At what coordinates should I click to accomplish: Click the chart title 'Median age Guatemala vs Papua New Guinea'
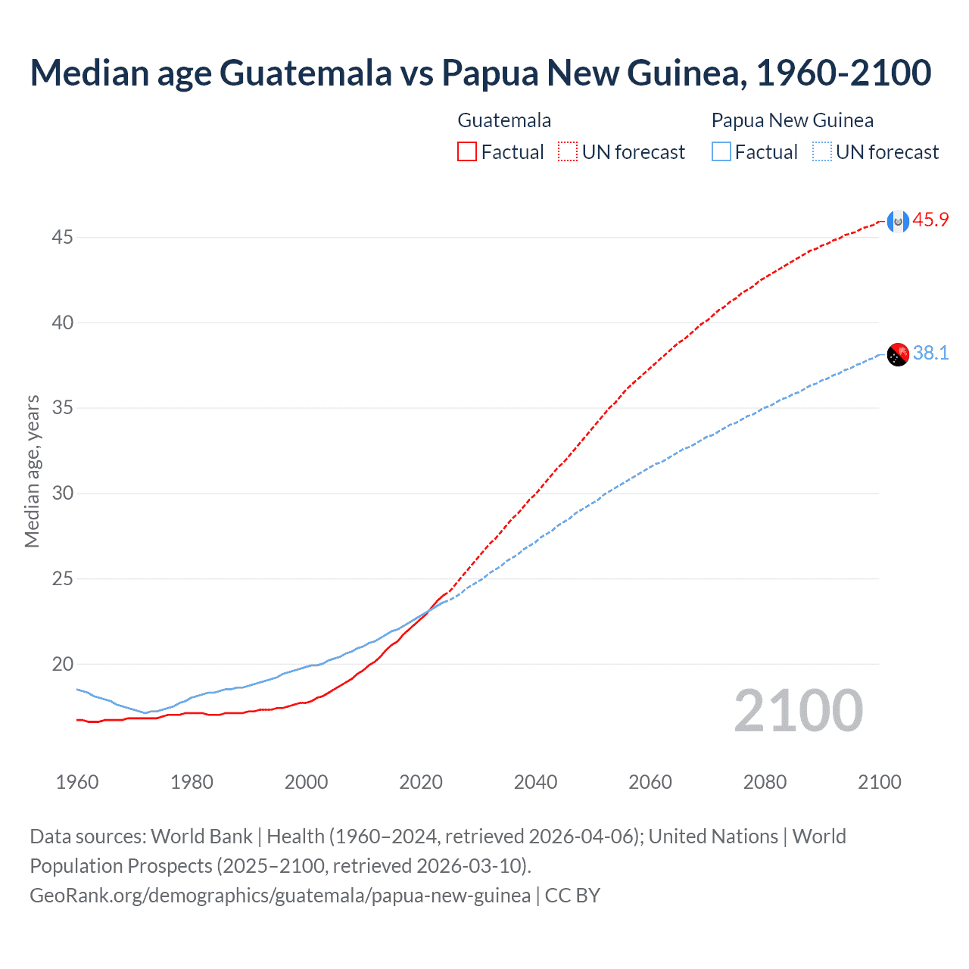(x=480, y=73)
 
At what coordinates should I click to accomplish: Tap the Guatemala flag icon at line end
(x=897, y=221)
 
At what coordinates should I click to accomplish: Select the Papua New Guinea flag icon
(x=897, y=354)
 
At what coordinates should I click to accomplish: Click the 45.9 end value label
(x=930, y=220)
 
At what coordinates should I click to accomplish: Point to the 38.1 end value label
(x=930, y=354)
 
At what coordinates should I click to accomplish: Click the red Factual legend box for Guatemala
(x=467, y=152)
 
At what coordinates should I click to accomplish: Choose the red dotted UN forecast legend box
(x=568, y=152)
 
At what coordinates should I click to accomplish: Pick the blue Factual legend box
(x=721, y=152)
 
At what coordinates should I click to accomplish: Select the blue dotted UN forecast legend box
(x=821, y=152)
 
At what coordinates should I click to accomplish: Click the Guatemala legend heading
(x=504, y=120)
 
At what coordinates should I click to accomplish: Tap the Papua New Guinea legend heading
(x=792, y=120)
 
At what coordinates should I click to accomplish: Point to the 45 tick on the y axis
(x=62, y=238)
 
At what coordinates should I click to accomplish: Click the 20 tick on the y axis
(x=62, y=665)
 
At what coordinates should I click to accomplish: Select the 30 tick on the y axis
(x=62, y=494)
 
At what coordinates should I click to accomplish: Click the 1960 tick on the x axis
(x=77, y=782)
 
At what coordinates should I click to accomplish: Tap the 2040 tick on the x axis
(x=535, y=782)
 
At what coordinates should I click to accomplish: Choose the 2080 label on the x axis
(x=765, y=782)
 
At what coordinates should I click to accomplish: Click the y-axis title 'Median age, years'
(x=32, y=471)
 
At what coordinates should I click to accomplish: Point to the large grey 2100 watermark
(x=798, y=711)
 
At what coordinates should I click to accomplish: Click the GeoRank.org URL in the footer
(x=280, y=896)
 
